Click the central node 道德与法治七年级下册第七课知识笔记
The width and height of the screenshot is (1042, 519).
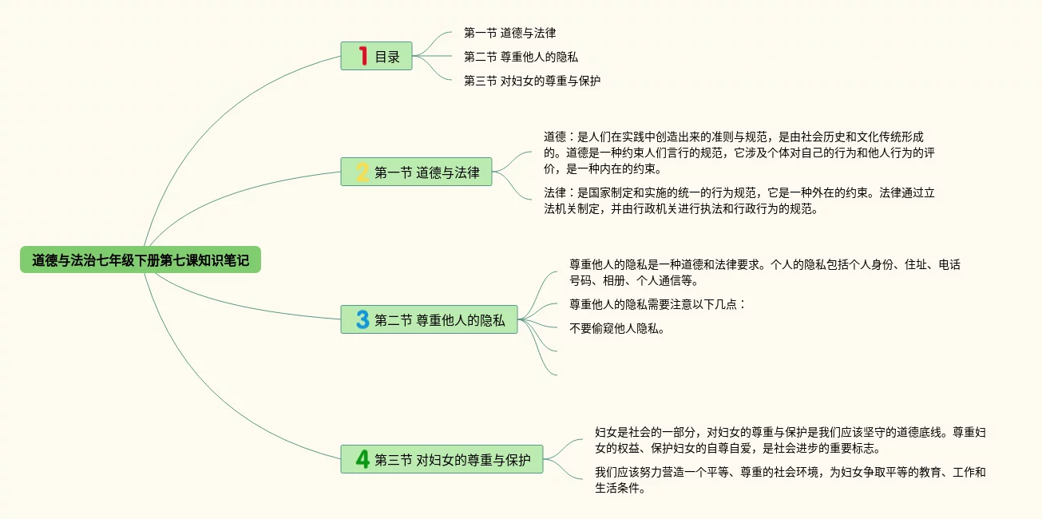141,259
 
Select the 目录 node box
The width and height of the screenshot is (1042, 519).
376,56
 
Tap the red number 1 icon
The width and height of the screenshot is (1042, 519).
363,56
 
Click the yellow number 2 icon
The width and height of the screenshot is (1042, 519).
363,172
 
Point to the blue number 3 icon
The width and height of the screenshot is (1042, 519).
363,319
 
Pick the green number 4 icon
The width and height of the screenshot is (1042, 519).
363,459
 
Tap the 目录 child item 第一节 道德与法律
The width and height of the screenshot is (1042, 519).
509,33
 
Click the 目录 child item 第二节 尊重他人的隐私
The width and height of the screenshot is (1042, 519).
521,57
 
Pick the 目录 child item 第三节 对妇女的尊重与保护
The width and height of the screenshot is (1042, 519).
532,81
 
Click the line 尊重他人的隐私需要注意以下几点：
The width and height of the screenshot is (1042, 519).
656,304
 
